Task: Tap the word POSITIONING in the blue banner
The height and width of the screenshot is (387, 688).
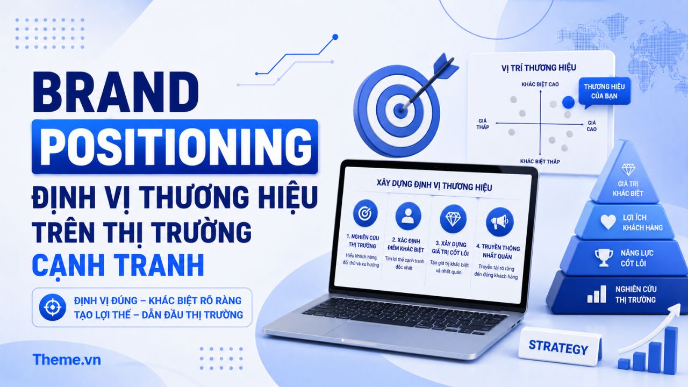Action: [x=175, y=146]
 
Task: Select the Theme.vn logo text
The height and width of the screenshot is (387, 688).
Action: [x=67, y=360]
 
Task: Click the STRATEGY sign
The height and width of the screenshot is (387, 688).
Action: [x=558, y=347]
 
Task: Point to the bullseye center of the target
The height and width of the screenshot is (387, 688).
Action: [x=400, y=108]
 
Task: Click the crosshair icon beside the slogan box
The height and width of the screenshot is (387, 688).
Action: [x=53, y=307]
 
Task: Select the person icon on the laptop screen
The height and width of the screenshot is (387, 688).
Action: [x=408, y=216]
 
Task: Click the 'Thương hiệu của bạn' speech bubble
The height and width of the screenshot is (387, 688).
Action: [x=604, y=91]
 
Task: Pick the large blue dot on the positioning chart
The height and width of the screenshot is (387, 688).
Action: [x=568, y=102]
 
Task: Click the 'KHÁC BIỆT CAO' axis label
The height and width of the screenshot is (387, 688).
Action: [x=540, y=84]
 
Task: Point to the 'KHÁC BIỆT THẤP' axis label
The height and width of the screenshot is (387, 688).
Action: [x=540, y=162]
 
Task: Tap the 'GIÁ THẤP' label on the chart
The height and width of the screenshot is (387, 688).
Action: [x=483, y=124]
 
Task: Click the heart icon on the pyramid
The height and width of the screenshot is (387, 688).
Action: [x=608, y=222]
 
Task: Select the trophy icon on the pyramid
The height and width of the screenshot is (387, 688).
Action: [x=603, y=257]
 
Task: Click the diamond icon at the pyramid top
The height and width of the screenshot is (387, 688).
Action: [x=628, y=169]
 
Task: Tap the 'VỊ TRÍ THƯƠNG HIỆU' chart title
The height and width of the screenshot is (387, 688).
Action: [x=539, y=68]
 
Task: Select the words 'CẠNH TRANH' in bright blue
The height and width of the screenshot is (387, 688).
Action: [x=118, y=266]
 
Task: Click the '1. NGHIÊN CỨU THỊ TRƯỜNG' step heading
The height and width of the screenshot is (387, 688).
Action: [x=362, y=241]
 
